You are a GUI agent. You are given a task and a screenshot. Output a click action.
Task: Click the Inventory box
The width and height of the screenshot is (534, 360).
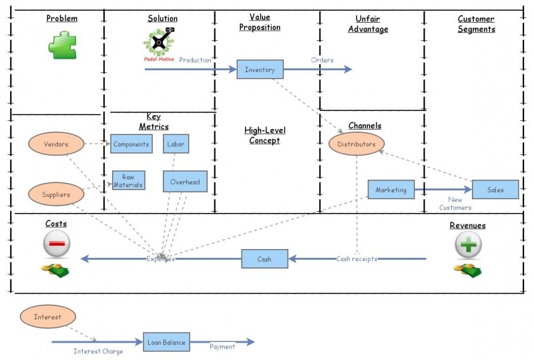(260, 69)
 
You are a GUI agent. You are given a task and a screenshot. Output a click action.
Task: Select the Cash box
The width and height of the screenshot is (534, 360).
(264, 258)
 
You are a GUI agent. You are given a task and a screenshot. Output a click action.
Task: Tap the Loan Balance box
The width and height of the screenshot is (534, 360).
(166, 342)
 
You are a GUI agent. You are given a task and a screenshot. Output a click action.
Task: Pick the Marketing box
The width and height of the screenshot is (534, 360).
(390, 190)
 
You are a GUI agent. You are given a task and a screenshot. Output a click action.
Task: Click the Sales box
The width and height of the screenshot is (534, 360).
(495, 190)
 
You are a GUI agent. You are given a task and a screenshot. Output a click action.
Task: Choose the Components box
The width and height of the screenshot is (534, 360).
(131, 144)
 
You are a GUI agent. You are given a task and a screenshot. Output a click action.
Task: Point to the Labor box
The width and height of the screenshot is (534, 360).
(176, 144)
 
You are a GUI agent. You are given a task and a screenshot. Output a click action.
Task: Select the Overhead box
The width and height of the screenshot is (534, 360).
(185, 182)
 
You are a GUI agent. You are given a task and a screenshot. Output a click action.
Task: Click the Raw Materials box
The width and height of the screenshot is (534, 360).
(128, 180)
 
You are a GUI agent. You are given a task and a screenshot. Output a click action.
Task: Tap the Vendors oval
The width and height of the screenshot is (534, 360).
(56, 144)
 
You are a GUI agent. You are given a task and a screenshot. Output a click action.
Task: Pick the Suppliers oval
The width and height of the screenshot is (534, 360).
(56, 194)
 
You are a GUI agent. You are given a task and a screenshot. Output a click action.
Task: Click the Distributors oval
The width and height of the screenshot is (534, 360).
(356, 144)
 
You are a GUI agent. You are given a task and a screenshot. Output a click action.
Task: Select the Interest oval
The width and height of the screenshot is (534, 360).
(47, 317)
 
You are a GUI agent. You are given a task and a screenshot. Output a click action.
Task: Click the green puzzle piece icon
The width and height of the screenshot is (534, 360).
(61, 45)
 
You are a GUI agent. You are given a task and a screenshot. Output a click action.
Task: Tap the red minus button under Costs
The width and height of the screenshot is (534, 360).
(57, 244)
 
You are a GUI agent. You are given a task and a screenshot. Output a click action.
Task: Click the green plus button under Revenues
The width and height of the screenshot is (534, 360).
(469, 244)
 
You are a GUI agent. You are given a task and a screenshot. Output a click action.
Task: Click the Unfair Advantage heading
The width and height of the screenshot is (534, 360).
(368, 25)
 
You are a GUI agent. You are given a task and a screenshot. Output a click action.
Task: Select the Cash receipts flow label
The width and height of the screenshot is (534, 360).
(356, 259)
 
